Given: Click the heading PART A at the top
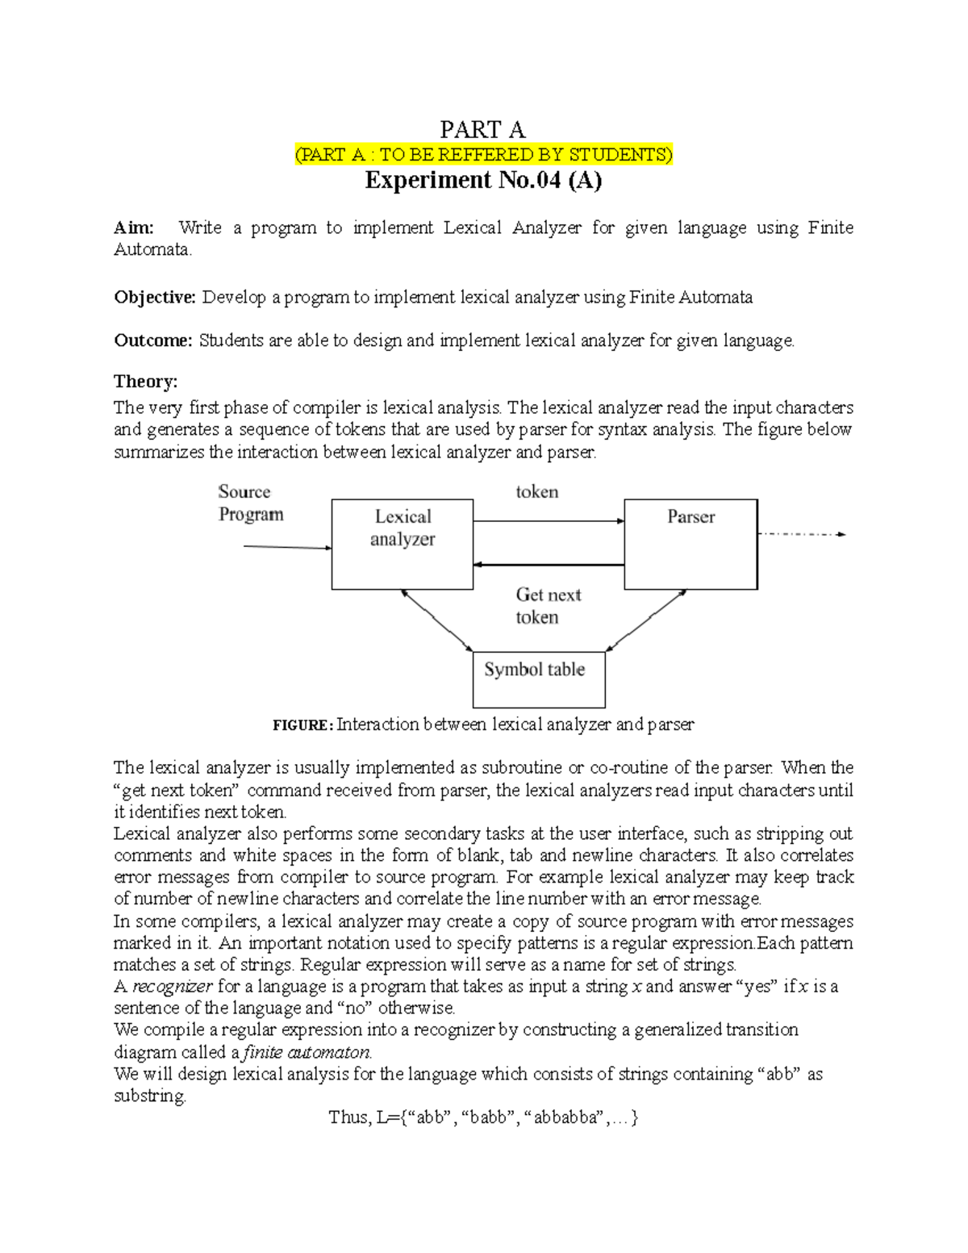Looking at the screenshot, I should point(482,129).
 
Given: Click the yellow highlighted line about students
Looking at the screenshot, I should point(483,155).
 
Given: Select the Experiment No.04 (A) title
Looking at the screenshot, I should point(483,180).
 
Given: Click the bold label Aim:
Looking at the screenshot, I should point(134,228).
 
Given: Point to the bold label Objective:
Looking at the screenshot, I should point(155,298).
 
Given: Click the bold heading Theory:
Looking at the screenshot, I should point(145,382).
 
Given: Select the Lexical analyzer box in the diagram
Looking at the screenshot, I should point(402,545).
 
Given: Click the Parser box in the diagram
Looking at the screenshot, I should point(691,545).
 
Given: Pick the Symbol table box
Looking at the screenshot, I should point(538,679).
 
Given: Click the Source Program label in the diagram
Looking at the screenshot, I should point(250,503).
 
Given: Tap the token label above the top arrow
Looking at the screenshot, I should point(536,492).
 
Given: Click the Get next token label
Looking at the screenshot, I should point(548,606).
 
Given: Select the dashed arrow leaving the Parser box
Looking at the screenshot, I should point(800,534).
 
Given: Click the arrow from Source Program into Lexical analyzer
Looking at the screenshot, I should point(287,547).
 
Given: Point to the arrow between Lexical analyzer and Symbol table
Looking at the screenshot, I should point(436,620).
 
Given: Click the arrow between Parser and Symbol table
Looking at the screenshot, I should point(646,620).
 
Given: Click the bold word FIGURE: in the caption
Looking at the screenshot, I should point(302,725).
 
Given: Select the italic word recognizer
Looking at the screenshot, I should point(172,987).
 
